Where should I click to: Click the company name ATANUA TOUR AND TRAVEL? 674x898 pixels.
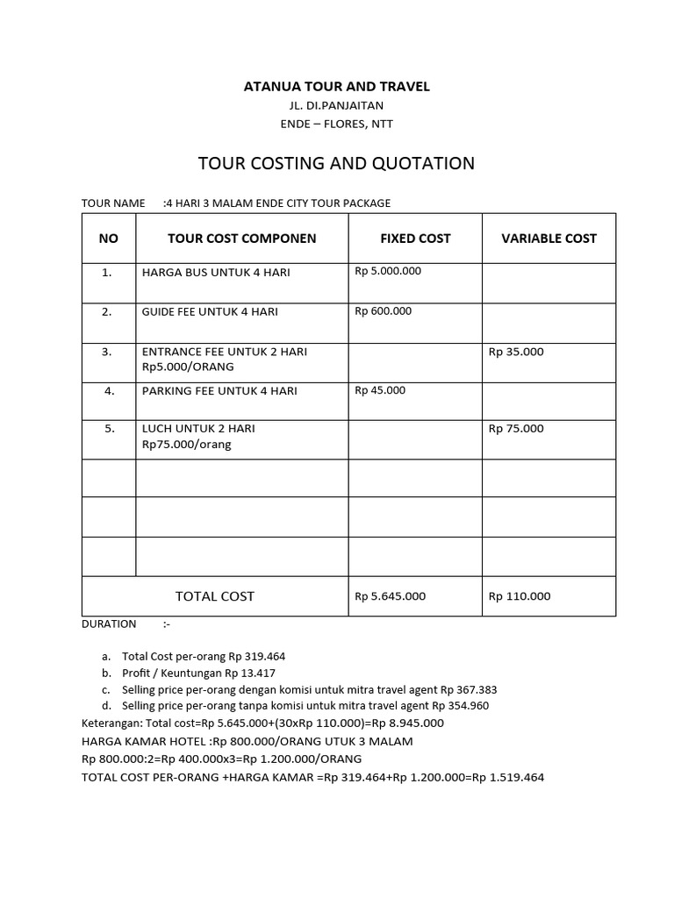pos(336,87)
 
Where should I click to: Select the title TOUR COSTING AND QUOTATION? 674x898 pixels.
pos(336,163)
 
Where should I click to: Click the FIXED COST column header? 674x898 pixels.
pos(415,239)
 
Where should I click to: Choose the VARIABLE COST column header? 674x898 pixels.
pos(549,239)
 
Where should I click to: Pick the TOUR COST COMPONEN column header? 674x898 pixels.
pos(241,239)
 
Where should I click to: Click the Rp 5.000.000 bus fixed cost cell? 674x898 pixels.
pos(388,271)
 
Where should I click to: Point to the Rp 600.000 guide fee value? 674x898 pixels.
pos(383,311)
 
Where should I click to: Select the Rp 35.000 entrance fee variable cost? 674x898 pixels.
pos(516,352)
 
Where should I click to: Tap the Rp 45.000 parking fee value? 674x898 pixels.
pos(380,391)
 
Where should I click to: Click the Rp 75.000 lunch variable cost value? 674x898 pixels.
pos(516,429)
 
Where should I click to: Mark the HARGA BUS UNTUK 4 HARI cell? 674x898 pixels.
pos(216,273)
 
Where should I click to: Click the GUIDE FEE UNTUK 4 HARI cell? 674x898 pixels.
pos(216,312)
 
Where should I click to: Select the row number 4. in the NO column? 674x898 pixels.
pos(109,391)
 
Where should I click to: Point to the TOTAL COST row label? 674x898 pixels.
pos(215,596)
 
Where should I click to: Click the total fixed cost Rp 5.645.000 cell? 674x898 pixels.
pos(390,596)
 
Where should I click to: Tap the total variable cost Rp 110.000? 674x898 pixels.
pos(520,596)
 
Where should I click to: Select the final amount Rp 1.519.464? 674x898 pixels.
pos(508,777)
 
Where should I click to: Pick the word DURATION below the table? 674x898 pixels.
pos(109,624)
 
